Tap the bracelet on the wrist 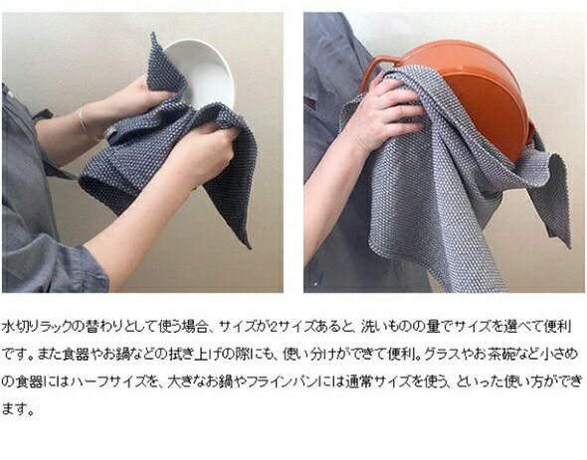[x=84, y=121]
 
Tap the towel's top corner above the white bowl [x=153, y=35]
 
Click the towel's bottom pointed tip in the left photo [x=248, y=246]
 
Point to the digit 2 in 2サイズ [x=273, y=327]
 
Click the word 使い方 [x=525, y=382]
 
